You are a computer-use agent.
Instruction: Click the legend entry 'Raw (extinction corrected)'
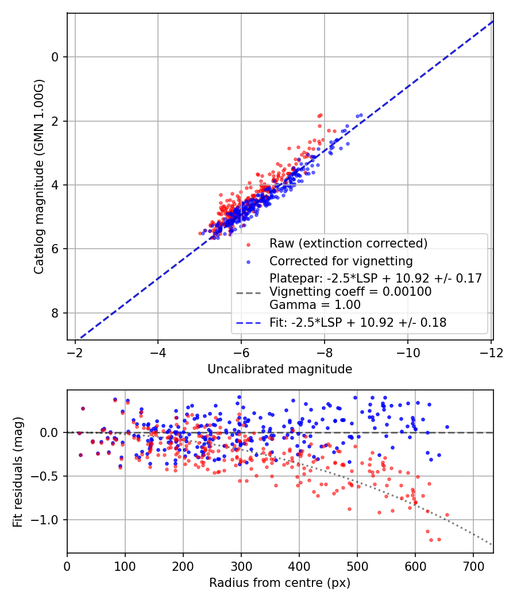pyautogui.click(x=349, y=243)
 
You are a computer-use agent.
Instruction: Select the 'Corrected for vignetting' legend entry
pyautogui.click(x=341, y=261)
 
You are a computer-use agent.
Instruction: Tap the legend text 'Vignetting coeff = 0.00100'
pyautogui.click(x=350, y=292)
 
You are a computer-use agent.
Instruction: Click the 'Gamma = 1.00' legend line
pyautogui.click(x=315, y=305)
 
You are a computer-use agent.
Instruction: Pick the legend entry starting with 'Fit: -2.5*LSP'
pyautogui.click(x=358, y=323)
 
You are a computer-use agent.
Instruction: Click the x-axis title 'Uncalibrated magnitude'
pyautogui.click(x=280, y=369)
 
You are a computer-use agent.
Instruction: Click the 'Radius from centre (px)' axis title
pyautogui.click(x=280, y=583)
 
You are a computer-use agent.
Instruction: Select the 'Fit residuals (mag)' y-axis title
pyautogui.click(x=17, y=471)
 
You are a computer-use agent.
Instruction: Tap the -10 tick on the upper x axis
pyautogui.click(x=408, y=351)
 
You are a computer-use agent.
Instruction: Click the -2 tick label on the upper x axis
pyautogui.click(x=75, y=351)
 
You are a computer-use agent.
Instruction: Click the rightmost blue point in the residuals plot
pyautogui.click(x=447, y=427)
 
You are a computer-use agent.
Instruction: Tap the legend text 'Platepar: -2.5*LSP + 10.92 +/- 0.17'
pyautogui.click(x=375, y=279)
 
